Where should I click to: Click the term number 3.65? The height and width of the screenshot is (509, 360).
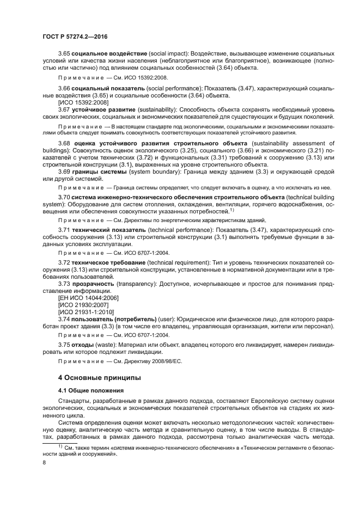tap(64, 54)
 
